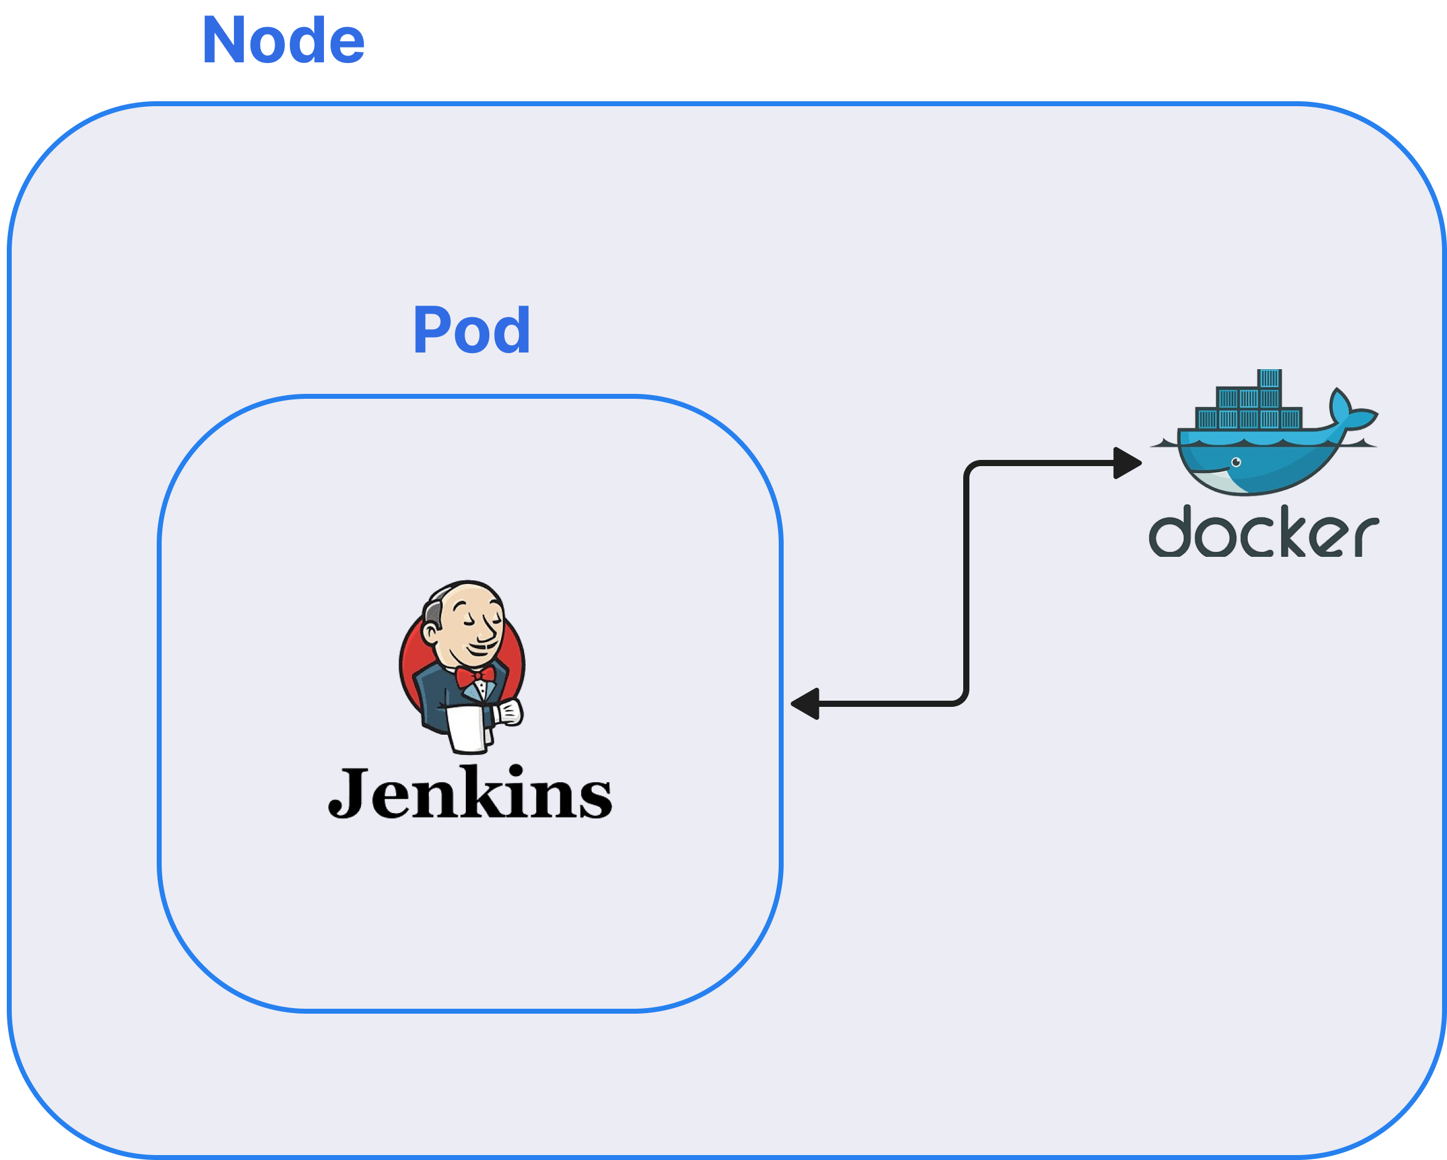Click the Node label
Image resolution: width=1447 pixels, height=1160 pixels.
[283, 41]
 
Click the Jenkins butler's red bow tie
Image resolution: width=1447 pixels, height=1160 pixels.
[475, 675]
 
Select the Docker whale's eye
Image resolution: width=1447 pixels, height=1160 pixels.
[1236, 462]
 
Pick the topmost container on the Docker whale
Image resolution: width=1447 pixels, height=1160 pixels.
[1270, 378]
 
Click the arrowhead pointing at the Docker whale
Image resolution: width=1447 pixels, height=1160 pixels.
[1127, 463]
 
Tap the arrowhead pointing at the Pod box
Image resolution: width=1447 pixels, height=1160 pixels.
[805, 704]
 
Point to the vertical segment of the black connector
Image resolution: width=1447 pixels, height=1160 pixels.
[966, 584]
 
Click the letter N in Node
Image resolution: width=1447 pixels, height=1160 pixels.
[224, 41]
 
